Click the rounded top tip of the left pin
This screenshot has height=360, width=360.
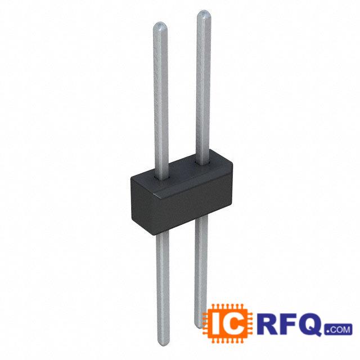[x=160, y=26]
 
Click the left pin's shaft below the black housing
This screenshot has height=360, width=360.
[x=161, y=281]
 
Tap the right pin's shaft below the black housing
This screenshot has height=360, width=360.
[x=200, y=264]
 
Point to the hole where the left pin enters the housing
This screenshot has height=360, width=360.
[x=161, y=179]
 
